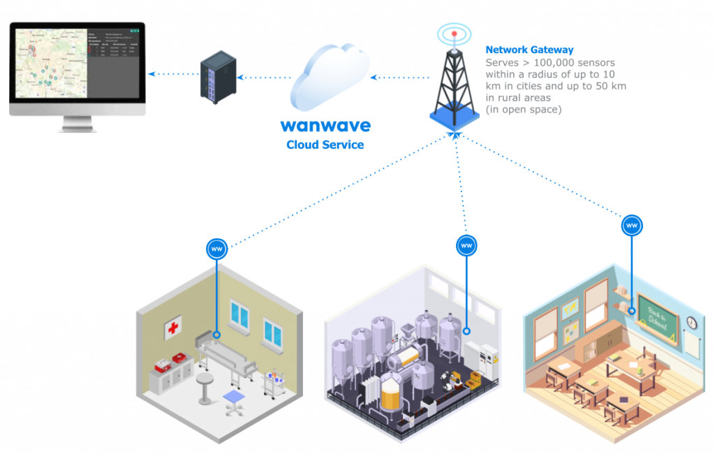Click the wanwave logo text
coord(325,126)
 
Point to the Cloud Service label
coord(325,145)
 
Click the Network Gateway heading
coord(529,50)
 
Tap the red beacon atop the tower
coord(454,32)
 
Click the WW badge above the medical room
coord(216,249)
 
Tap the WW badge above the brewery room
coord(466,245)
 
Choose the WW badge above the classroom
coord(632,226)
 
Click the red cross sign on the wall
coord(173,328)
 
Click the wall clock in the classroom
coord(691,323)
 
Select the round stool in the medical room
coord(204,388)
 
